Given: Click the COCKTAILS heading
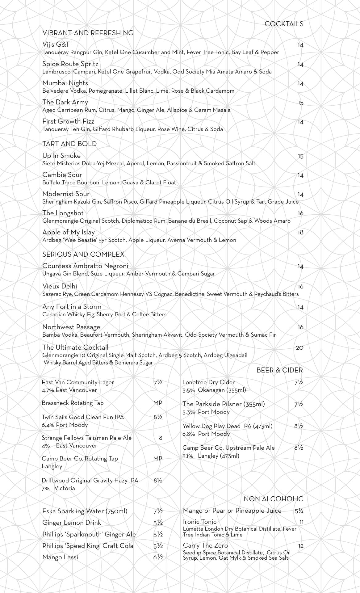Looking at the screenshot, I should click(284, 24).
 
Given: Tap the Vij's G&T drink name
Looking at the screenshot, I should click(56, 44).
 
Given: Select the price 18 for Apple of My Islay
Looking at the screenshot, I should click(300, 233).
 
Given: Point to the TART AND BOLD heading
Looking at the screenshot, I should click(69, 144).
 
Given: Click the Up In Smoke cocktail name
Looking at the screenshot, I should click(61, 156).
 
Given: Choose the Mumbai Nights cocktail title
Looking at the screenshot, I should click(65, 83).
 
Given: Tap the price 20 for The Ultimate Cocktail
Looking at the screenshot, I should click(299, 348).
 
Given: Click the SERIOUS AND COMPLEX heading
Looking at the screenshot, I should click(83, 254).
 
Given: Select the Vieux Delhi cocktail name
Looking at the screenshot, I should click(60, 286).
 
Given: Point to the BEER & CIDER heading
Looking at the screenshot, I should click(279, 370).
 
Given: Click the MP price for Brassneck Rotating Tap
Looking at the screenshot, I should click(157, 403).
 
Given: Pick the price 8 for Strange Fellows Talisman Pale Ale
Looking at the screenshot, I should click(161, 438).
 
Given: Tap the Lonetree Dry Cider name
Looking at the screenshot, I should click(208, 382).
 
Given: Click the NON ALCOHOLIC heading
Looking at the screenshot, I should click(273, 499).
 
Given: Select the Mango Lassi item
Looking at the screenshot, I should click(60, 557).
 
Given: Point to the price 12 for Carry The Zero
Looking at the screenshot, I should click(301, 546).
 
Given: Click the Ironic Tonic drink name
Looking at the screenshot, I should click(199, 522).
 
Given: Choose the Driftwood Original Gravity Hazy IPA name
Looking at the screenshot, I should click(90, 481).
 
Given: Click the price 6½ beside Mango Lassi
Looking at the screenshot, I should click(158, 557).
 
